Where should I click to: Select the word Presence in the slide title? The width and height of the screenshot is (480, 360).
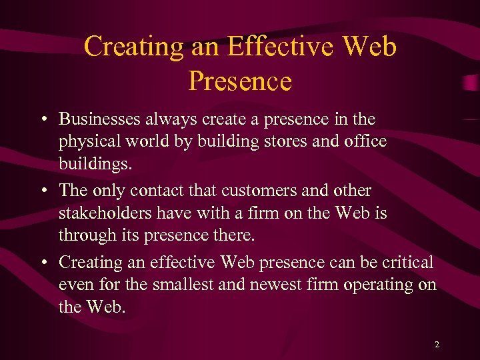(240, 81)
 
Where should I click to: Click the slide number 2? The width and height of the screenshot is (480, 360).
(437, 345)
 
